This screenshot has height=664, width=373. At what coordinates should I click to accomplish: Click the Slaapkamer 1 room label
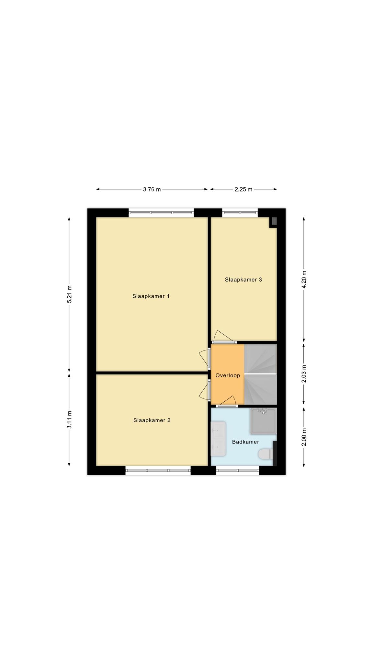click(151, 296)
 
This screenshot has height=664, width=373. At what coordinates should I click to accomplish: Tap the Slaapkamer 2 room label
click(152, 420)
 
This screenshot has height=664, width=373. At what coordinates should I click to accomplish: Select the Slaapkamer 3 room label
click(243, 279)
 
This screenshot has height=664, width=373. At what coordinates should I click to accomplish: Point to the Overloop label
click(228, 375)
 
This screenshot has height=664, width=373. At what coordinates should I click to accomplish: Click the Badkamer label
click(246, 442)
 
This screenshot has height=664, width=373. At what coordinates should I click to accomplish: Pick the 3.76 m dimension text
click(152, 189)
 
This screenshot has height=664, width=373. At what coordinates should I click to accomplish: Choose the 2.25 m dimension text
click(243, 189)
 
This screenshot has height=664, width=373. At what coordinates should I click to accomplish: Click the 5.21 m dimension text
click(69, 294)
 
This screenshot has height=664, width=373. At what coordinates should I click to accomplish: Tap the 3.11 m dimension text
click(69, 420)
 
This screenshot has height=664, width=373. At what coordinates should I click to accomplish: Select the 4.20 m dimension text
click(304, 279)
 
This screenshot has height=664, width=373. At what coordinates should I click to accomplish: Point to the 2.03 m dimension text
click(304, 374)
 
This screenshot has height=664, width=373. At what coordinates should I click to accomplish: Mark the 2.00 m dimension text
click(304, 437)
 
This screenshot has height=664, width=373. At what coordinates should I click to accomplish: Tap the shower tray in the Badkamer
click(264, 421)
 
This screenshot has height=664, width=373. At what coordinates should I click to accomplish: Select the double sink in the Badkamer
click(219, 438)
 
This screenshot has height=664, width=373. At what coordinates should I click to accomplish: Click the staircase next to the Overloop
click(261, 374)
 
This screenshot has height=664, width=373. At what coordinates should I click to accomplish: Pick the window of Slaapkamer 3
click(240, 213)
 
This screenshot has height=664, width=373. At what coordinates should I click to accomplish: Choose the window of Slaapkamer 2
click(158, 470)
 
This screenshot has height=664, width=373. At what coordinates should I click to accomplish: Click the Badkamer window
click(238, 470)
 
